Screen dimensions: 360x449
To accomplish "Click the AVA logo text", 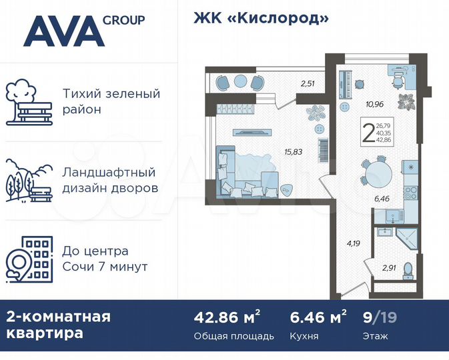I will click(63, 31).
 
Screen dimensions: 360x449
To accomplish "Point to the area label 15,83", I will click(292, 151).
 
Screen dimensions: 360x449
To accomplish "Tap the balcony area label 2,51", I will click(307, 84).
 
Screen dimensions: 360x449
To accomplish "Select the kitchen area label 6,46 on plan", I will click(382, 199).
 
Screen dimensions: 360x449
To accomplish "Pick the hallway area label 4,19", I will click(354, 243).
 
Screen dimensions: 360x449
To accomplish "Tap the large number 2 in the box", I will click(366, 131).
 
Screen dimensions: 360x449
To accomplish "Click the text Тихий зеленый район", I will click(110, 101).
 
